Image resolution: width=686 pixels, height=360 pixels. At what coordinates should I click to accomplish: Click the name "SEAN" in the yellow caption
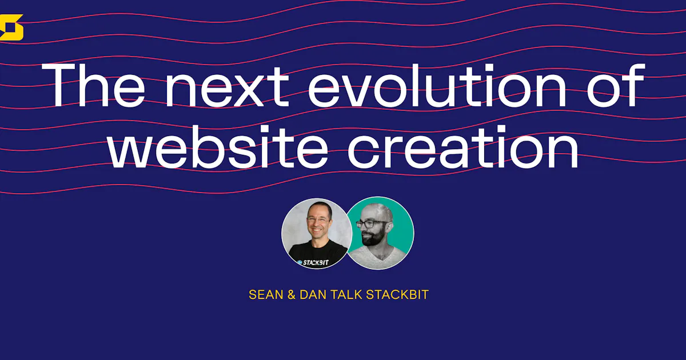pos(265,295)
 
